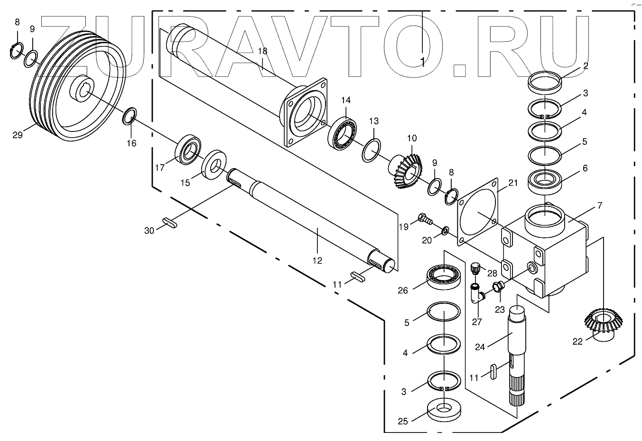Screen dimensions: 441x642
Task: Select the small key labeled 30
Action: (x=169, y=223)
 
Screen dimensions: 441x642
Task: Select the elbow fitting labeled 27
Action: (x=476, y=295)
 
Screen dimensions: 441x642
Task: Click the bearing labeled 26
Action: (x=444, y=276)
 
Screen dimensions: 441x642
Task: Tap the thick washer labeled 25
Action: (x=444, y=410)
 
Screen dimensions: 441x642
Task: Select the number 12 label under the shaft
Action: (x=317, y=260)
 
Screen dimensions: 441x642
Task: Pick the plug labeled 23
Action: (x=498, y=287)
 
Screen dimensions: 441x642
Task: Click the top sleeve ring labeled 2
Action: (x=546, y=82)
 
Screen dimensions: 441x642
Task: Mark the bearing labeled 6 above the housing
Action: (x=545, y=179)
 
